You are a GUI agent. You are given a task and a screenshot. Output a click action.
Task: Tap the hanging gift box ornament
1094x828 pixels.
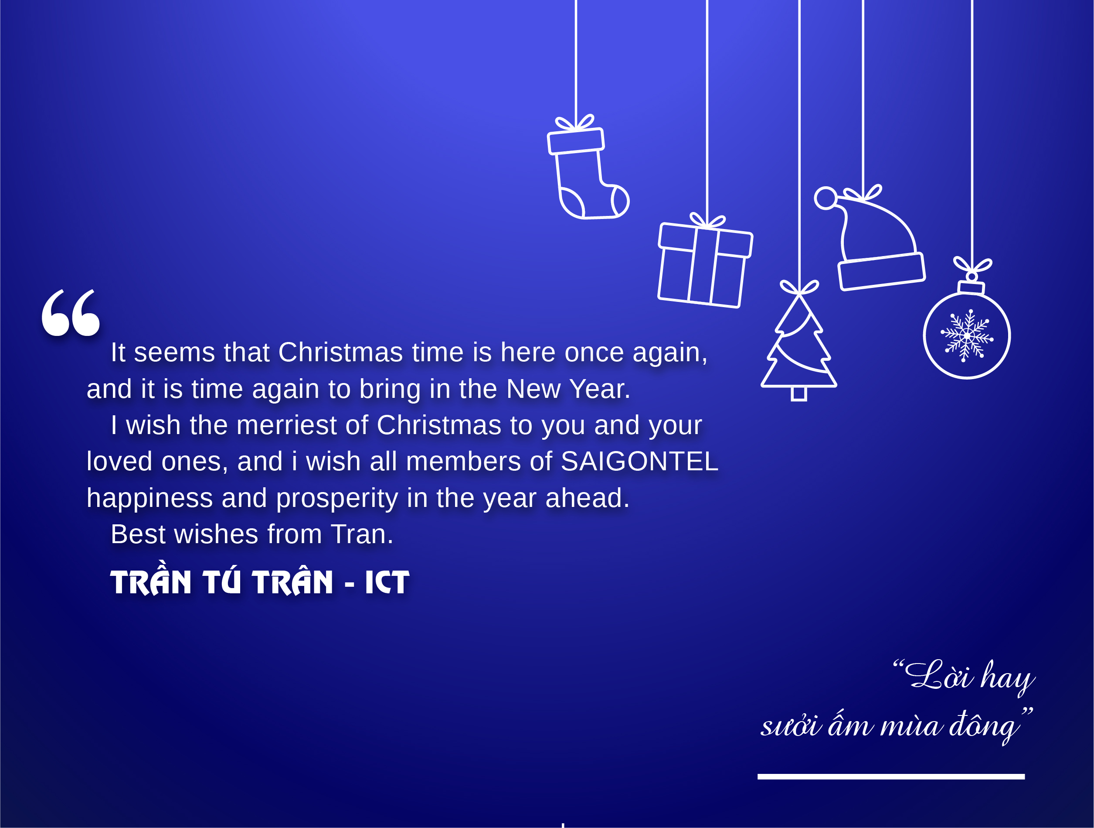705,262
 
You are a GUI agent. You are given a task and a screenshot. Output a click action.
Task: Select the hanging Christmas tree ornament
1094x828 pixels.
799,342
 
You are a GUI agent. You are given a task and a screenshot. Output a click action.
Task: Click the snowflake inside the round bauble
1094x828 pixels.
967,335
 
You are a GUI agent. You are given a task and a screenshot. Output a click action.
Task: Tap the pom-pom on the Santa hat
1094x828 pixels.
826,198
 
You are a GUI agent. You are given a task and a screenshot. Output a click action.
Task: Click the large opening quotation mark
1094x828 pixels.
71,313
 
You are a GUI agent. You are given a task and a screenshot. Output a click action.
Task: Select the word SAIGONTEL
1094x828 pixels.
639,461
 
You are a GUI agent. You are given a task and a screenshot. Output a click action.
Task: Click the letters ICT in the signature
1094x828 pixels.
387,582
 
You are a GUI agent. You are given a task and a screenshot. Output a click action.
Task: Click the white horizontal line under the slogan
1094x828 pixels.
891,777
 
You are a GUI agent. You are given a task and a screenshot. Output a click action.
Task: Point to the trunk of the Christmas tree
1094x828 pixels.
799,394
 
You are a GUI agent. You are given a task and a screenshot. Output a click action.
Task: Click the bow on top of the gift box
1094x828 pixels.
707,221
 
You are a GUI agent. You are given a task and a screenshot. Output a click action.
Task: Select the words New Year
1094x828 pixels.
568,389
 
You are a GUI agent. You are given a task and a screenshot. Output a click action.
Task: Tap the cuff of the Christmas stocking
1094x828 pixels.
576,141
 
